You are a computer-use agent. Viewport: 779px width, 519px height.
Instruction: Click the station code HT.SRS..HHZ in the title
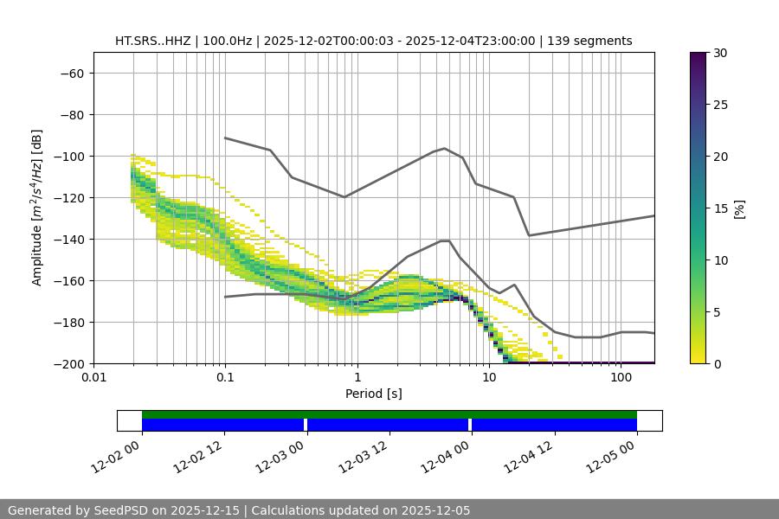click(152, 41)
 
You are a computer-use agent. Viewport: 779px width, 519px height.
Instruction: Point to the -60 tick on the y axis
click(71, 73)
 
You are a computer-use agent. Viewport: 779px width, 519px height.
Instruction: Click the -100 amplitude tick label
click(68, 156)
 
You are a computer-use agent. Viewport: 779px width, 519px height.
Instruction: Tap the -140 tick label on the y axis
click(68, 239)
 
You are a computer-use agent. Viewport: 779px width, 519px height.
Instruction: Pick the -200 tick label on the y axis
click(68, 363)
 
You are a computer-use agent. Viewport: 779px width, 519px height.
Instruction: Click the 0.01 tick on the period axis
click(93, 378)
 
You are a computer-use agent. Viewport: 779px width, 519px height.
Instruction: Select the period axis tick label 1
click(357, 378)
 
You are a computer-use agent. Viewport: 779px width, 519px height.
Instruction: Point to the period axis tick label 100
click(621, 378)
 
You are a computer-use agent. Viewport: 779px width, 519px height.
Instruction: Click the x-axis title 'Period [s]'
click(374, 394)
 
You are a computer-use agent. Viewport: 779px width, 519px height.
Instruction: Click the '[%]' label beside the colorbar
click(739, 208)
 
